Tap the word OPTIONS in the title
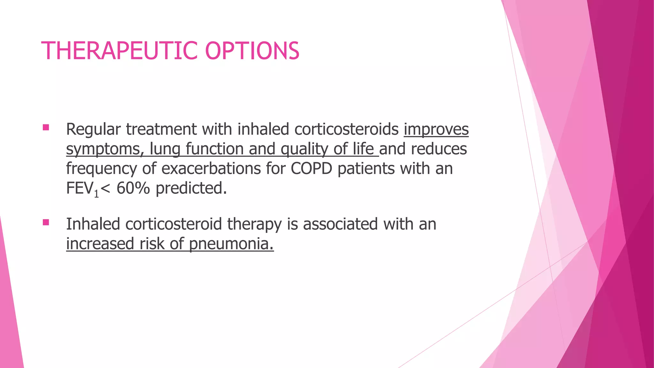[252, 51]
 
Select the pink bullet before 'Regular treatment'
[46, 128]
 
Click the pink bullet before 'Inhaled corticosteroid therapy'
[46, 222]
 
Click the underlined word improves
[436, 129]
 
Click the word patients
[366, 169]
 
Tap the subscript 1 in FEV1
[96, 194]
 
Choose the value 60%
[133, 188]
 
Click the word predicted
[191, 188]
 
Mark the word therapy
[254, 224]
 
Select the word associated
[340, 224]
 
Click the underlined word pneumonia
[231, 244]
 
